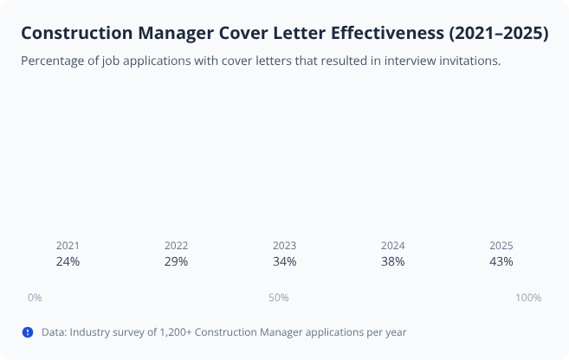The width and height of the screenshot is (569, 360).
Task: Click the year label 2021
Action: point(68,246)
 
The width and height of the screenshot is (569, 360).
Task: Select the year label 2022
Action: point(176,246)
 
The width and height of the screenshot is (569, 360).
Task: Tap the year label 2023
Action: point(284,246)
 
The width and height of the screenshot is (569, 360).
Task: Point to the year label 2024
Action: point(392,246)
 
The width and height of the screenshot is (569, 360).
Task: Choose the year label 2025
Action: point(501,246)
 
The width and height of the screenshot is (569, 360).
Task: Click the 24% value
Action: point(68,261)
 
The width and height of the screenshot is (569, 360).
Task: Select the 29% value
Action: point(176,261)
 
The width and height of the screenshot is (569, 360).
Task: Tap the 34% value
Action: point(284,261)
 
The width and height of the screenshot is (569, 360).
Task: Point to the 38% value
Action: point(392,261)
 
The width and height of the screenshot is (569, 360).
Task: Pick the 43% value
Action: point(501,261)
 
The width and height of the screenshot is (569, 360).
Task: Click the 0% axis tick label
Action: point(35,298)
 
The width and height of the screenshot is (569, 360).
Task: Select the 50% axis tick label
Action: point(278,298)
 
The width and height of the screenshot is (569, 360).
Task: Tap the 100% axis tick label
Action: point(528,298)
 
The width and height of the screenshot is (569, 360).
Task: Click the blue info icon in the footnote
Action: point(28,331)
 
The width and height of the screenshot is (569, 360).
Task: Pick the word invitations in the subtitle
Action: point(468,61)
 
